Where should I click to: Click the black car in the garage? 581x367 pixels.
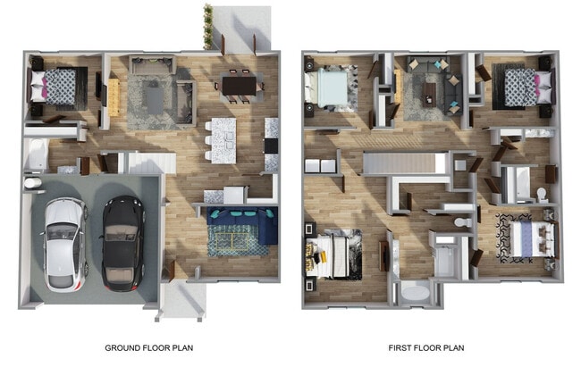[122, 243]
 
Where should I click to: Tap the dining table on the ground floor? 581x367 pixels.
[239, 85]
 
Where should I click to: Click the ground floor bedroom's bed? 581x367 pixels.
[59, 87]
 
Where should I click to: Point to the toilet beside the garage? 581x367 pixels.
[32, 182]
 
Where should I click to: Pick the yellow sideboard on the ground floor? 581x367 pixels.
[114, 96]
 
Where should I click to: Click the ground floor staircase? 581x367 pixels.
[151, 162]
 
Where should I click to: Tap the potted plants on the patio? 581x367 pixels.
[208, 27]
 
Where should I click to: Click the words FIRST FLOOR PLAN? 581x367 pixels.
[425, 347]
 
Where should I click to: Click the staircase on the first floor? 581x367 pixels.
[404, 163]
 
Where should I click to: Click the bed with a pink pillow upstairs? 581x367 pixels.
[523, 88]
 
